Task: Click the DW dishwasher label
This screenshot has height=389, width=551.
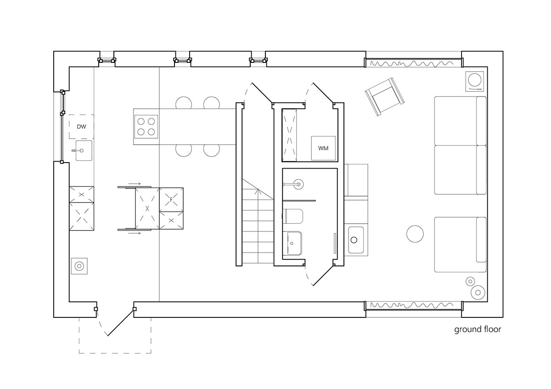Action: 81,126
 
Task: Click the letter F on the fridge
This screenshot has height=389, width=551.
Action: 171,200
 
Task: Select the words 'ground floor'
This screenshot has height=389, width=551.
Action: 478,329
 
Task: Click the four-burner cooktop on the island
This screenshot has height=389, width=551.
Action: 146,127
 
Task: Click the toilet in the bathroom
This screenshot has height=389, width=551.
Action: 293,217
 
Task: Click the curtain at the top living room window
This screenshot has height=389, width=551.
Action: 413,63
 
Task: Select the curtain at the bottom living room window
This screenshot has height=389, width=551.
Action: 413,305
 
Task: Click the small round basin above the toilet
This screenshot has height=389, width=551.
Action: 298,185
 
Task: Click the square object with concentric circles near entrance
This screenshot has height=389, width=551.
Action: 79,265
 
